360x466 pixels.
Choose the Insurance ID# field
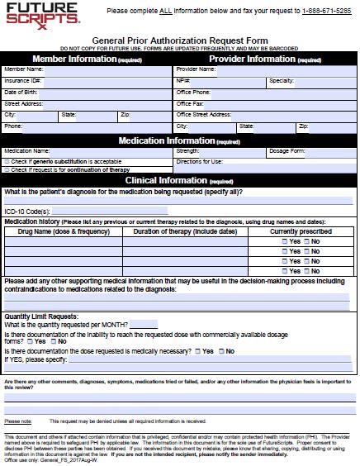click(107, 81)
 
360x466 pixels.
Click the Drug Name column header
click(63, 232)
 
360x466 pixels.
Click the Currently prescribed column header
click(301, 232)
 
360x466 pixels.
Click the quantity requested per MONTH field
click(144, 324)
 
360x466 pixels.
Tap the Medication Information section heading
click(179, 140)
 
